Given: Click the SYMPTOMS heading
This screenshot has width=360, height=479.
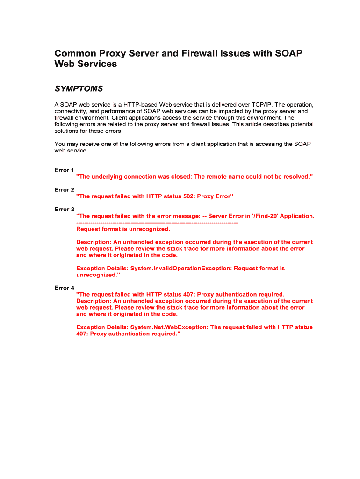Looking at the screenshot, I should tap(79, 89).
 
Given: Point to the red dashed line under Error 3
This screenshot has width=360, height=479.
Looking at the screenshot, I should tap(157, 223).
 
